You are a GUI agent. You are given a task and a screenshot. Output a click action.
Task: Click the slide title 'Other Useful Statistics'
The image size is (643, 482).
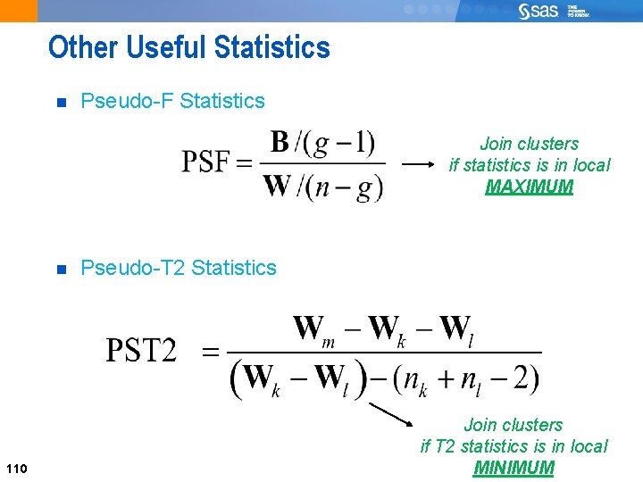188,47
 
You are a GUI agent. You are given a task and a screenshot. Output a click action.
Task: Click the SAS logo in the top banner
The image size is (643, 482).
540,11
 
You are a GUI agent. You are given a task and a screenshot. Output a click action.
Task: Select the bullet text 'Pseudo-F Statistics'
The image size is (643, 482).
172,101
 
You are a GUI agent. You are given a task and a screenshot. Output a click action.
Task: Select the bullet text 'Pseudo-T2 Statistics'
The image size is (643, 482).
179,268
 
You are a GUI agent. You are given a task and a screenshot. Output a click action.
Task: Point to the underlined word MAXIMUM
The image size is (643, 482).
529,187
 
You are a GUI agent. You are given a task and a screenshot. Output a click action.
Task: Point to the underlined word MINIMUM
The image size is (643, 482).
514,468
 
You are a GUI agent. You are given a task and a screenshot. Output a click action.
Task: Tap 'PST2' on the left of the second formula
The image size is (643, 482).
142,351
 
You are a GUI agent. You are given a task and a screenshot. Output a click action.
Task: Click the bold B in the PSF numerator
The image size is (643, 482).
280,143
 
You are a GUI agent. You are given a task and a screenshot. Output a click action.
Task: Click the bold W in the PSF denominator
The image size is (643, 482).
277,187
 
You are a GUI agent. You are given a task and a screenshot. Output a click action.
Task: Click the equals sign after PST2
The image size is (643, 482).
211,352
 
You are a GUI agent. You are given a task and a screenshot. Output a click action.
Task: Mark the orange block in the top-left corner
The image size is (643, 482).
19,11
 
